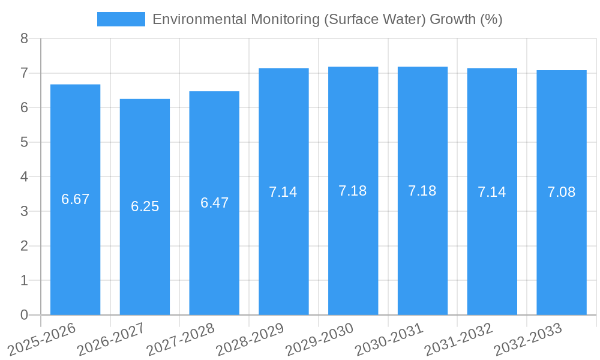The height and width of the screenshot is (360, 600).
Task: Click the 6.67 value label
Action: tap(75, 199)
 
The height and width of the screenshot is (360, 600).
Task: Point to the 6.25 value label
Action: tap(145, 206)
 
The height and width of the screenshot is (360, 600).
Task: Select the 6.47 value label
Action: tap(214, 203)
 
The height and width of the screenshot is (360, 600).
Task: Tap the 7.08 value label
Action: tap(562, 192)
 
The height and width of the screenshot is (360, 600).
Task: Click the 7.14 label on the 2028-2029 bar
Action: tap(283, 192)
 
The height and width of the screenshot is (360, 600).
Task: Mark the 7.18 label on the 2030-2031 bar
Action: tap(422, 191)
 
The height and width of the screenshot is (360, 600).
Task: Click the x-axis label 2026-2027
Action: tap(112, 338)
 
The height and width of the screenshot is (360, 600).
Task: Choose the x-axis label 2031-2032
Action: tap(459, 338)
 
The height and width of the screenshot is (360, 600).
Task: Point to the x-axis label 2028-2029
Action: tap(251, 338)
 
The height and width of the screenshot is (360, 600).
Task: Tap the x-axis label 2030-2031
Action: tap(389, 338)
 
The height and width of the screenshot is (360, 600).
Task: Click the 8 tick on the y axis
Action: tap(24, 39)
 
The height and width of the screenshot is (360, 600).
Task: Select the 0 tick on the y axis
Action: tap(24, 315)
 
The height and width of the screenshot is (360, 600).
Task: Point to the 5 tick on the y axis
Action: tap(24, 142)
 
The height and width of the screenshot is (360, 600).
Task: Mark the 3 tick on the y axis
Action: tap(24, 211)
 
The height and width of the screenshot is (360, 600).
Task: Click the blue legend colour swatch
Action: tap(121, 19)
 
